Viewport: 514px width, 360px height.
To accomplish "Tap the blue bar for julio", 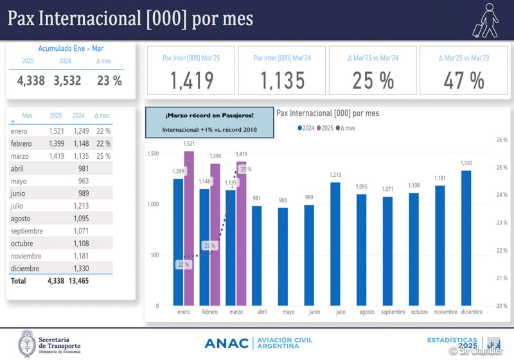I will tap(335, 244).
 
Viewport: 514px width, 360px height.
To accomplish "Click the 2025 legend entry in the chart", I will tap(328, 128).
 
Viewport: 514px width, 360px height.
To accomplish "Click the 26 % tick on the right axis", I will tap(502, 139).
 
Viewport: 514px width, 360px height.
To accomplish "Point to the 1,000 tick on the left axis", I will tap(153, 204).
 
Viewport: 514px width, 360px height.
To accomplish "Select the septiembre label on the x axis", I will tap(393, 312).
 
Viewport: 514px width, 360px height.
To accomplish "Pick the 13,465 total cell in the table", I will tap(78, 281).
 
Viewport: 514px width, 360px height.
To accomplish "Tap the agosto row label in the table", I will tap(21, 219).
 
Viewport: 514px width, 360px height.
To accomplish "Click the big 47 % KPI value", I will tap(463, 80).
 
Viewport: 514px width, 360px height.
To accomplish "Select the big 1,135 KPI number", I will tap(283, 80).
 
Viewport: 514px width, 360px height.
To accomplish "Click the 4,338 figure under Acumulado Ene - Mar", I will tap(31, 80).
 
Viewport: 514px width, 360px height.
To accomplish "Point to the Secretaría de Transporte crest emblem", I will tap(26, 343).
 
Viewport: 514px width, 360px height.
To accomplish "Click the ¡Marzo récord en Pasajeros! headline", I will tap(209, 115).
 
